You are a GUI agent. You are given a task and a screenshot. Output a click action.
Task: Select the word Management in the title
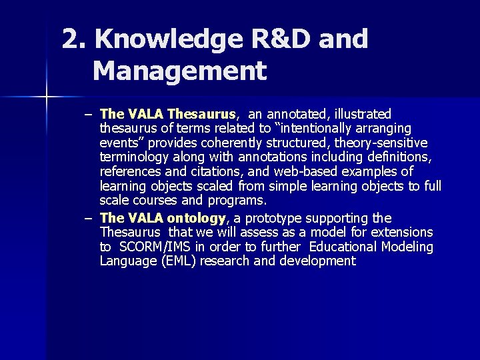[179, 70]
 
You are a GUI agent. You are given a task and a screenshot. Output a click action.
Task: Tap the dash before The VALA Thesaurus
[88, 114]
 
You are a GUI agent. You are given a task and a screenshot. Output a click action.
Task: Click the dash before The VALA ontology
[88, 218]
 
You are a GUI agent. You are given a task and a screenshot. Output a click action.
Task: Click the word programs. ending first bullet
[238, 200]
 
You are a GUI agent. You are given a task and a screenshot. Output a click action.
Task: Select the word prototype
[280, 218]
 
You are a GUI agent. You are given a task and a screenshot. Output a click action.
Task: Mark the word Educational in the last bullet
[339, 247]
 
